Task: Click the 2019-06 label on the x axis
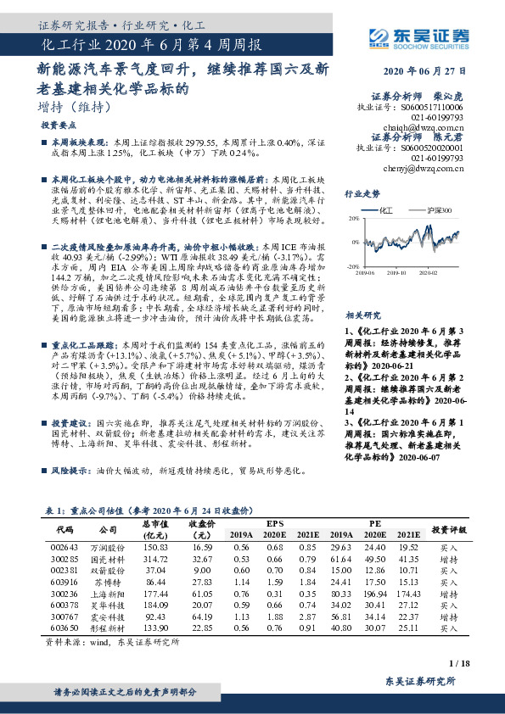click(367, 273)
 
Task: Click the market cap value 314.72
click(156, 561)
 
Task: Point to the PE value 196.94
click(374, 596)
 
